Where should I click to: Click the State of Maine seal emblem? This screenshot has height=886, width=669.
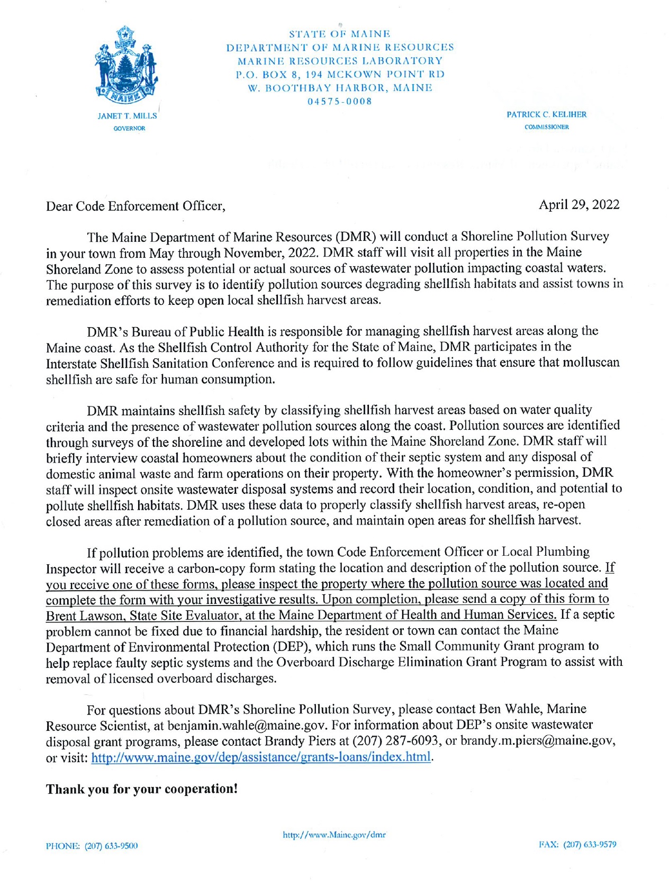[x=126, y=66]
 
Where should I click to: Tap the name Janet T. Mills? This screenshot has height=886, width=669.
[x=127, y=116]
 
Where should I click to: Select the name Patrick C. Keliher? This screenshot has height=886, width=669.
[x=546, y=114]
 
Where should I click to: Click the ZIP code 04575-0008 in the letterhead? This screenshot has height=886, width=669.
[x=340, y=101]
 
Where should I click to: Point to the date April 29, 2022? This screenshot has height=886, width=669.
[x=578, y=205]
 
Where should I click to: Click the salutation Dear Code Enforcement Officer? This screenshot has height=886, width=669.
[x=135, y=206]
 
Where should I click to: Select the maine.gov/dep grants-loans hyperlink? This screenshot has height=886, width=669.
[x=261, y=757]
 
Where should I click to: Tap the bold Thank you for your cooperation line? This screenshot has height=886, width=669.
[x=142, y=789]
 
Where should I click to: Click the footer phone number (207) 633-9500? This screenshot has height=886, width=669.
[x=92, y=846]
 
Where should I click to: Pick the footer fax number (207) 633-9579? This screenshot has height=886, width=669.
[x=577, y=844]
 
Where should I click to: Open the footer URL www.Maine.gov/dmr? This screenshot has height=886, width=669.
[x=334, y=835]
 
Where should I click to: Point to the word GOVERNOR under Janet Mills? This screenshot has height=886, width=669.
[x=129, y=128]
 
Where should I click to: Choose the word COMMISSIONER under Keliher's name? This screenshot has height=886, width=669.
[x=546, y=127]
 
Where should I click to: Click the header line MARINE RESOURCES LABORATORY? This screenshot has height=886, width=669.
[x=340, y=61]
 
